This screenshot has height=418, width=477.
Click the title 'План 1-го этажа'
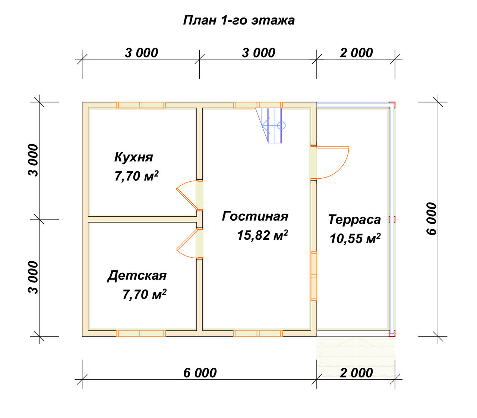(x=238, y=20)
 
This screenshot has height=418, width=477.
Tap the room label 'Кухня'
(x=133, y=157)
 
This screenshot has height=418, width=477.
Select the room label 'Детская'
(x=137, y=275)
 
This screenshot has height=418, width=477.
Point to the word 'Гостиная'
(x=255, y=216)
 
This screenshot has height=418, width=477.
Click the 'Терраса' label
(x=354, y=220)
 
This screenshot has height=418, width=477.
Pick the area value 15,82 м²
(x=262, y=235)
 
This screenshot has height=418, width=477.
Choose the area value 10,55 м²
(x=355, y=239)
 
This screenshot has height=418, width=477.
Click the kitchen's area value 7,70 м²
(x=136, y=176)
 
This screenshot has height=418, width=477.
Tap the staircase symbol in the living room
(x=271, y=125)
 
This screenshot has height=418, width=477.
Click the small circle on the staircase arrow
(x=281, y=125)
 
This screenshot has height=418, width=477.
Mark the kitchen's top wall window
(x=141, y=105)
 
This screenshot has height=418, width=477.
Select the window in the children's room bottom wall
(x=141, y=333)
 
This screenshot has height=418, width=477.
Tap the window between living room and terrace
(x=314, y=276)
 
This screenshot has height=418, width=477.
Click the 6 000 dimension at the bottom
(x=200, y=373)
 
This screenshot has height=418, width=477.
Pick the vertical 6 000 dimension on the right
(x=431, y=219)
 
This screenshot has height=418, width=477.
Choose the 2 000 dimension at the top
(x=356, y=53)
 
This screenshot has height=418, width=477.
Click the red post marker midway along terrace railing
(x=392, y=219)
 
